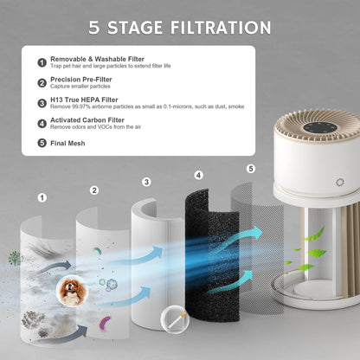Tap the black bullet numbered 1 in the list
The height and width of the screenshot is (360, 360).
pyautogui.click(x=41, y=62)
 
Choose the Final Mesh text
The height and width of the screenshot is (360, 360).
pyautogui.click(x=70, y=142)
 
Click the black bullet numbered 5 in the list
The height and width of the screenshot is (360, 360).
pyautogui.click(x=41, y=142)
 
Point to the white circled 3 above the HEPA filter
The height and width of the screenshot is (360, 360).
pyautogui.click(x=145, y=182)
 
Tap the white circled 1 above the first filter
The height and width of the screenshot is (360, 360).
pyautogui.click(x=42, y=197)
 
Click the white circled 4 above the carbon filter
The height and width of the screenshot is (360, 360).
pyautogui.click(x=198, y=176)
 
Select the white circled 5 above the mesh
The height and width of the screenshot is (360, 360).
pyautogui.click(x=250, y=169)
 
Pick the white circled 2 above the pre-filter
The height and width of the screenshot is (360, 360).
pyautogui.click(x=93, y=190)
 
